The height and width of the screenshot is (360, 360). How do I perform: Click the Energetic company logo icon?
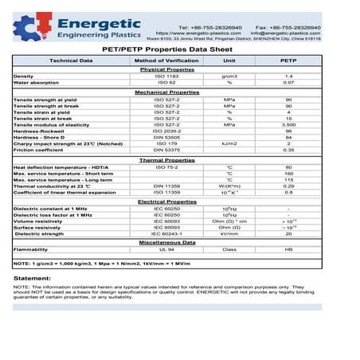[27, 27]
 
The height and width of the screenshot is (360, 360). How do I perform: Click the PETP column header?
[288, 61]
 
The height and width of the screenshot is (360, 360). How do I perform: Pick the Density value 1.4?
[288, 76]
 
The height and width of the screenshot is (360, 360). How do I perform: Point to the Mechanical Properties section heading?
[168, 92]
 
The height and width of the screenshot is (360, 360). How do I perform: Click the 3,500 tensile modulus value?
[288, 125]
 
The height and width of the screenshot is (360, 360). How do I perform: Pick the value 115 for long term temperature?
[288, 180]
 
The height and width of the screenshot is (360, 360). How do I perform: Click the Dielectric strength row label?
[39, 234]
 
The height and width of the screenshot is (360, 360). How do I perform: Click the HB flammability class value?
[288, 249]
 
